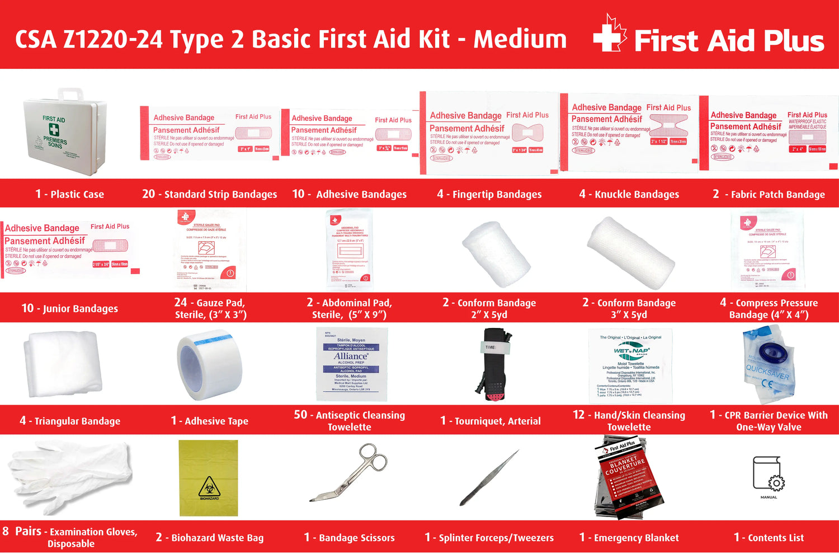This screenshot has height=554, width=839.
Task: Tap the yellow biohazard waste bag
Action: point(209,478)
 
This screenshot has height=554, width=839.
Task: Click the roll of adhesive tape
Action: point(209,364)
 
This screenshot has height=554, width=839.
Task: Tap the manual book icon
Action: point(769,475)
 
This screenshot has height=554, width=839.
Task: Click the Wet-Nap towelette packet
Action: point(630,366)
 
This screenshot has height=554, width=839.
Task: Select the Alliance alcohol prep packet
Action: point(351,364)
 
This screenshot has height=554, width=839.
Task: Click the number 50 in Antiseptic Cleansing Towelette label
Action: point(300,415)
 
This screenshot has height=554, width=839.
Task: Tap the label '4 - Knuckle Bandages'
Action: point(629,194)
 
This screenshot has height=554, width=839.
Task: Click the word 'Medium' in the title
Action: point(520,39)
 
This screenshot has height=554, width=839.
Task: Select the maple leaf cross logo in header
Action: point(610,35)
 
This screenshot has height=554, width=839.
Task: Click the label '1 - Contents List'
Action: point(769,538)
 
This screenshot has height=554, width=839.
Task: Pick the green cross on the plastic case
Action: point(54,130)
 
